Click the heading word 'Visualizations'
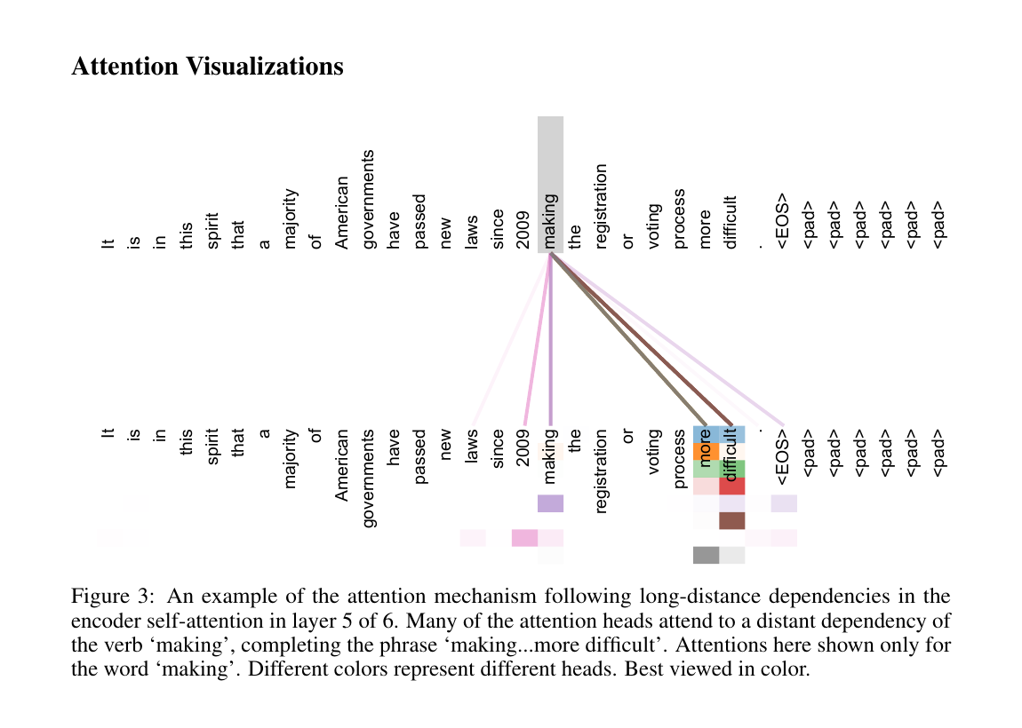265,67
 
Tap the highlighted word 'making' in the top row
550,221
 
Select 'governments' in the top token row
368,199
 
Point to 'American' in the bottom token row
342,465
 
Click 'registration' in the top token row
601,207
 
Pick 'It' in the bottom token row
108,433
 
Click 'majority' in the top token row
291,219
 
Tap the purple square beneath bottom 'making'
550,503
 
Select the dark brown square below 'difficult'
732,521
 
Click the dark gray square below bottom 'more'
706,555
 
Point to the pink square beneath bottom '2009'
524,538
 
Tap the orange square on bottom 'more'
706,451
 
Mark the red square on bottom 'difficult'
732,486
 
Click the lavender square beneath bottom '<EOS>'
784,503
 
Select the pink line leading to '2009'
538,339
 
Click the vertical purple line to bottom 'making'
551,339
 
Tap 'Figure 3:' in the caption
113,597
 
